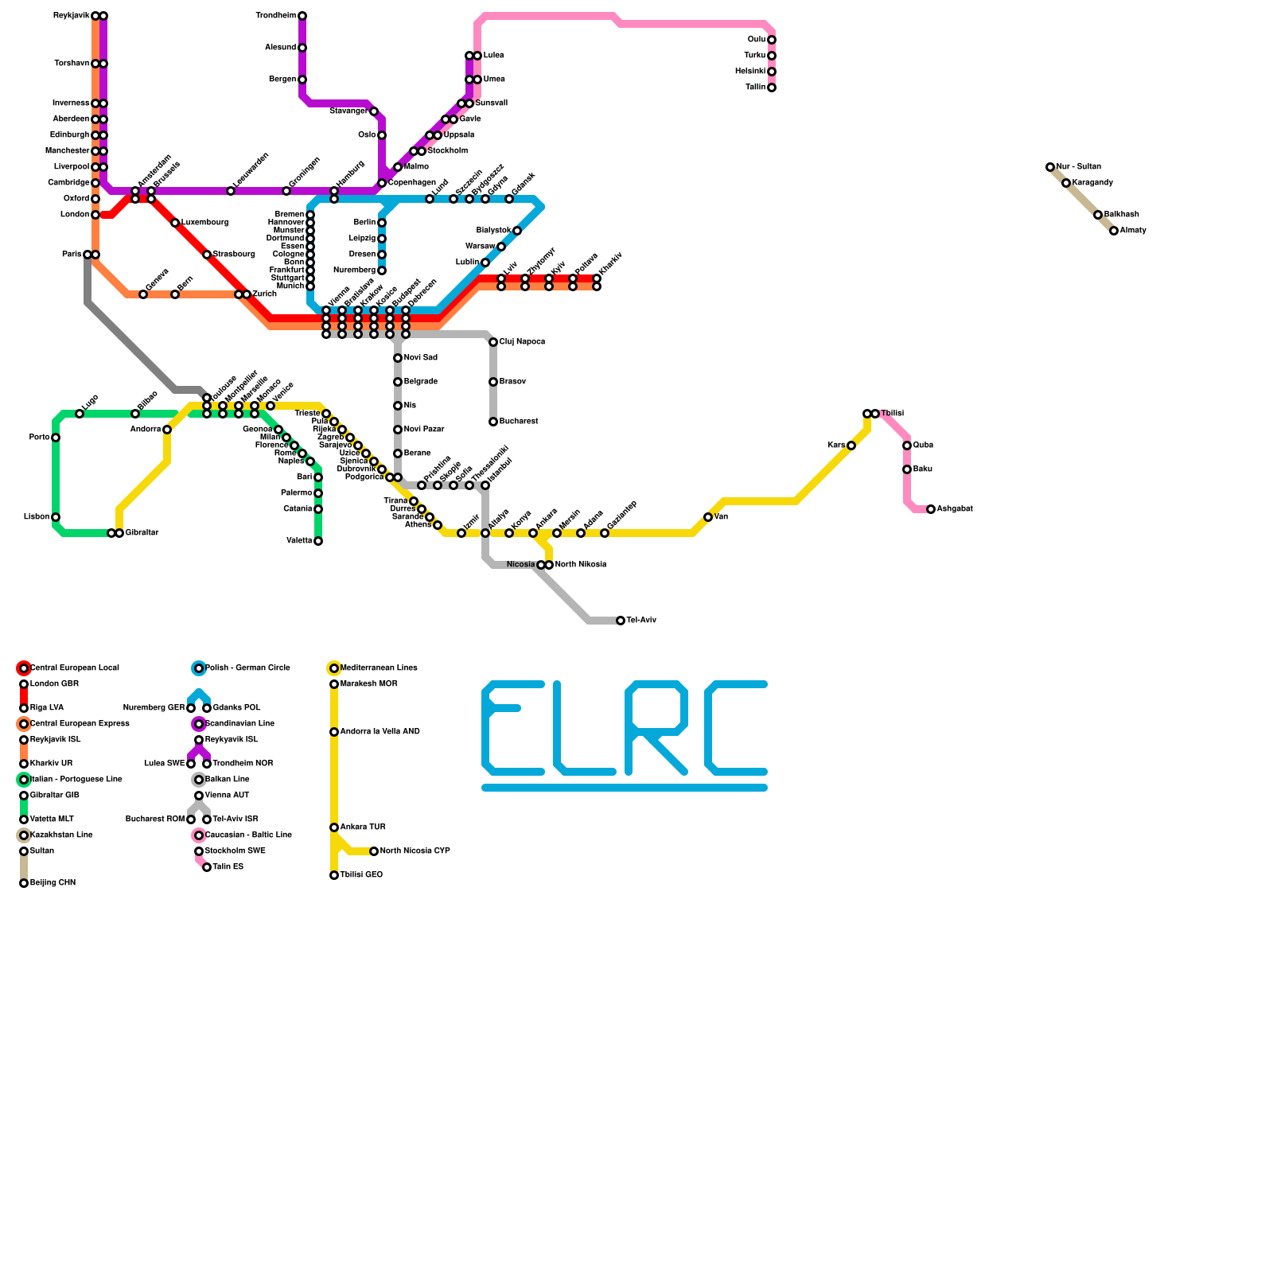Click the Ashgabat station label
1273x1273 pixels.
pos(955,509)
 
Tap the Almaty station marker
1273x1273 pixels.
pos(1114,231)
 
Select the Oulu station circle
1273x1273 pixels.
pos(772,40)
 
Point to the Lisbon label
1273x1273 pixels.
pos(37,517)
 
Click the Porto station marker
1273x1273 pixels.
pos(56,438)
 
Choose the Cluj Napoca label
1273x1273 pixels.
pos(522,342)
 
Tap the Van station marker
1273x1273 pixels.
pos(708,517)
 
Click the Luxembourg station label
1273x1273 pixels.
pos(204,223)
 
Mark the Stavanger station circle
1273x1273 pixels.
pos(374,111)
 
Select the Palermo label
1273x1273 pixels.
pos(297,493)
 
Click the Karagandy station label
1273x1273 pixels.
pos(1092,183)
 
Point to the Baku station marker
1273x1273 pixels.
pos(907,469)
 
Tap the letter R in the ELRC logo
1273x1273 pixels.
pos(656,728)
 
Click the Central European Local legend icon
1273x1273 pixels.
pos(24,668)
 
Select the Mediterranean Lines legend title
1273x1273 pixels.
pos(379,668)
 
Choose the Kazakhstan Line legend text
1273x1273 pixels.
pos(61,835)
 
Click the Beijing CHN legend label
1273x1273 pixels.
pos(53,883)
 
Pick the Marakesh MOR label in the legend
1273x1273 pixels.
pos(369,684)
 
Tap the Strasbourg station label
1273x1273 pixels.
pos(234,255)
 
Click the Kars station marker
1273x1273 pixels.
pos(851,446)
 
